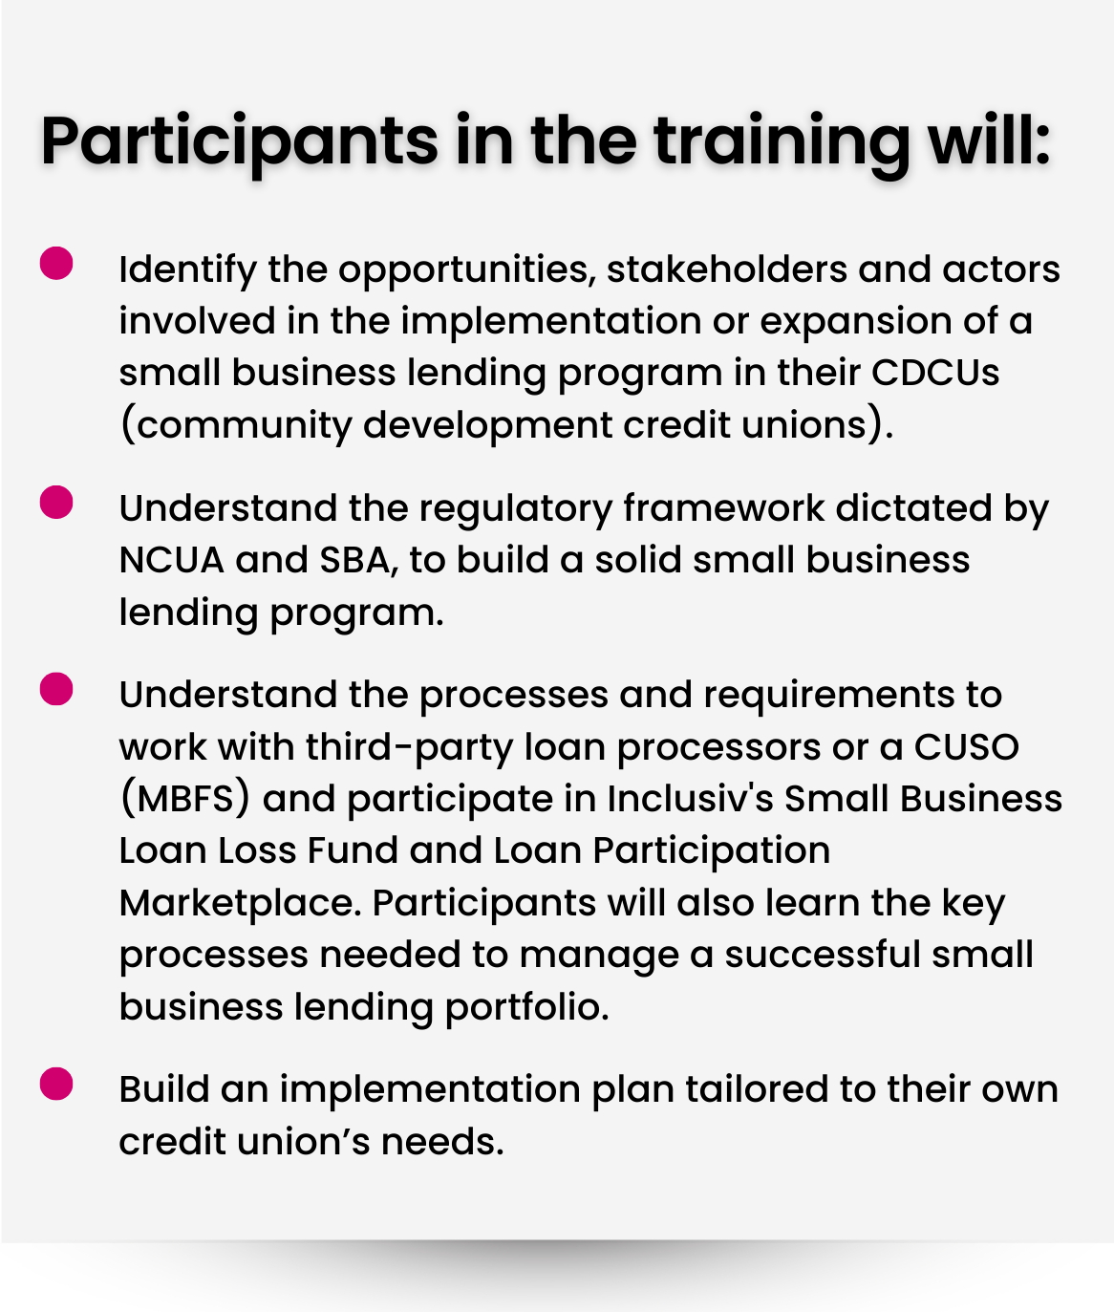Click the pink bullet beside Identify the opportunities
pyautogui.click(x=56, y=263)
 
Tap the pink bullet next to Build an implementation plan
pyautogui.click(x=56, y=1083)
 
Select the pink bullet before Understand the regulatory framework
pyautogui.click(x=56, y=502)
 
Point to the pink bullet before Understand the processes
pyautogui.click(x=56, y=689)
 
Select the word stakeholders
pyautogui.click(x=727, y=269)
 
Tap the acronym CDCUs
pyautogui.click(x=935, y=373)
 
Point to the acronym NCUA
pyautogui.click(x=171, y=561)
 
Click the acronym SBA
pyautogui.click(x=359, y=562)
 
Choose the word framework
pyautogui.click(x=723, y=508)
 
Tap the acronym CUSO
pyautogui.click(x=966, y=747)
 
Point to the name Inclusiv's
pyautogui.click(x=690, y=799)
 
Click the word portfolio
pyautogui.click(x=526, y=1008)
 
